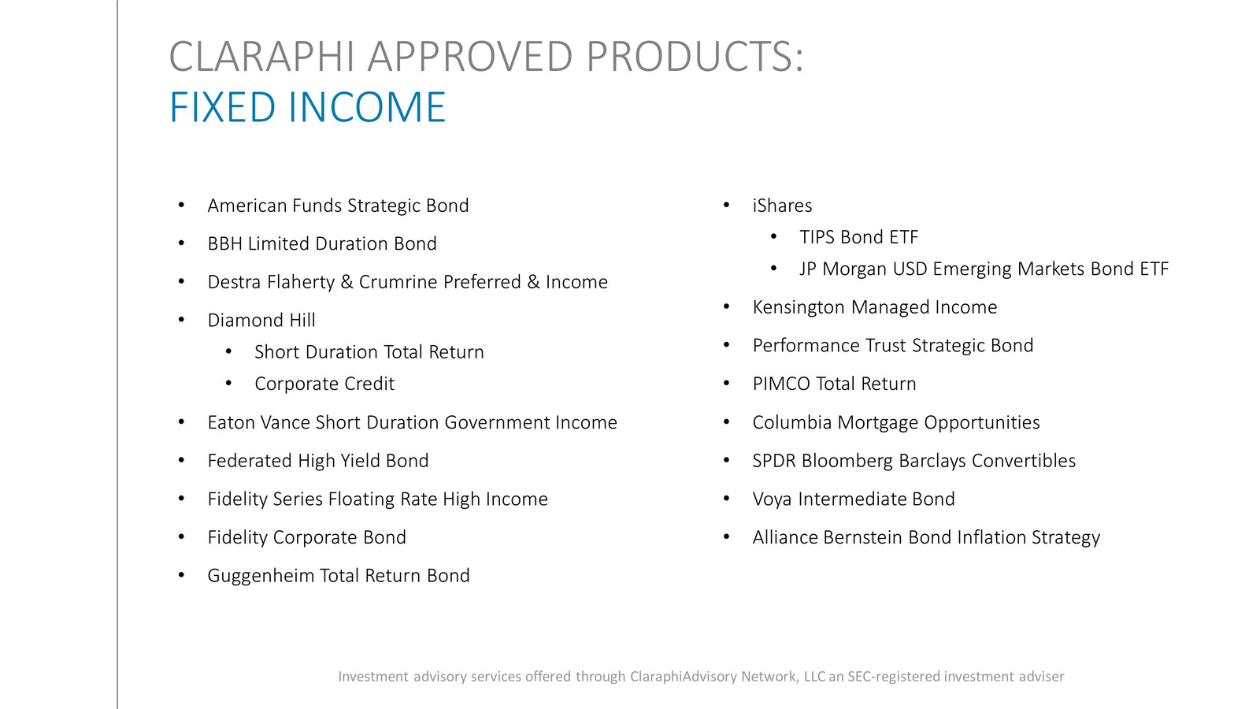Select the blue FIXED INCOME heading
[307, 108]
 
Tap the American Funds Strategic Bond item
[338, 206]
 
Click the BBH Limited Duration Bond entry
[321, 244]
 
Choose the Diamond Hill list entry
[261, 321]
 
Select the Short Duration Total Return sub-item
[369, 352]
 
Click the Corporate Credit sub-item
[324, 384]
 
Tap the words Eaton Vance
[258, 422]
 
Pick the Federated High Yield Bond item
[317, 461]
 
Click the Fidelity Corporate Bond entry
[306, 537]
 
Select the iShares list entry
[782, 206]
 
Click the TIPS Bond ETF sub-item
[858, 237]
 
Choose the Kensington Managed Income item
[874, 307]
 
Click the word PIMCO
[780, 384]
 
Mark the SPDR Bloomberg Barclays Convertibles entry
[913, 461]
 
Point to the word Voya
[772, 499]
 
